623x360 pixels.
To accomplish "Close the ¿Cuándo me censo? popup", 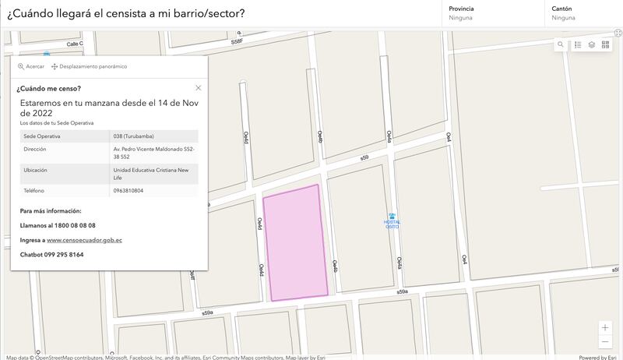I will point(199,88).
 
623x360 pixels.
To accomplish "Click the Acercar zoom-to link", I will point(31,66).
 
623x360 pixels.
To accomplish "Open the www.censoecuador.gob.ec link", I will point(84,240).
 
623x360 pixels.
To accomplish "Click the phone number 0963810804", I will point(128,190).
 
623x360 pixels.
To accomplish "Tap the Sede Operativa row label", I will point(42,136).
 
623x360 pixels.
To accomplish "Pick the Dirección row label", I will point(35,148).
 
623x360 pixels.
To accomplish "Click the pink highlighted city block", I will point(296,242).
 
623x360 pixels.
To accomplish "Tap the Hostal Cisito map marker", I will point(392,217).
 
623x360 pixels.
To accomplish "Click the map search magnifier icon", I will point(561,45).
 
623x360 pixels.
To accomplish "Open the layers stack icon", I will point(592,45).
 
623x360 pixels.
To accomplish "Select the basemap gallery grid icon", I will point(606,45).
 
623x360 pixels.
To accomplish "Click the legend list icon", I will point(578,45).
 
